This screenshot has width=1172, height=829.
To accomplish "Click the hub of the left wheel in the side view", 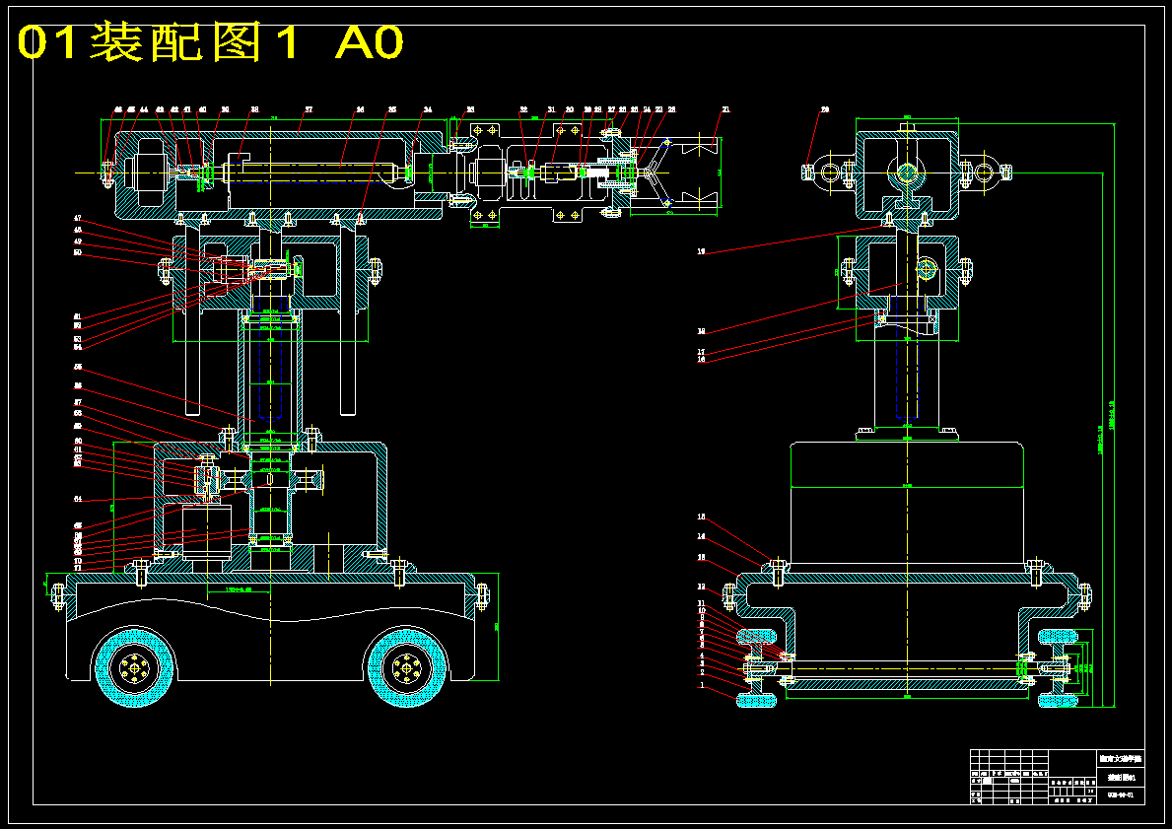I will (x=134, y=669).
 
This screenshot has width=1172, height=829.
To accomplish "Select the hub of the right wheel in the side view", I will (x=404, y=669).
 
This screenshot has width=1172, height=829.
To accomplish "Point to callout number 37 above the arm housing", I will (x=308, y=109).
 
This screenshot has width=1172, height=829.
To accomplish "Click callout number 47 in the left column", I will (x=77, y=218).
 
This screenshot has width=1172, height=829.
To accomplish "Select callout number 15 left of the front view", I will (x=702, y=517).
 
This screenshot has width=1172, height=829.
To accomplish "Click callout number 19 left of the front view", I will (x=702, y=252).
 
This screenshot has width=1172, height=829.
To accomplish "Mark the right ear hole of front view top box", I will (x=985, y=173).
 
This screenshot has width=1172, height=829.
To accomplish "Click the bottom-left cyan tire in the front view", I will (x=755, y=700).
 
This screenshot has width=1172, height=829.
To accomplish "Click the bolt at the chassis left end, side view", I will (x=56, y=594).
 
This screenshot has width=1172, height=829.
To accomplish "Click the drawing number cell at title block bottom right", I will (x=1119, y=794).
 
